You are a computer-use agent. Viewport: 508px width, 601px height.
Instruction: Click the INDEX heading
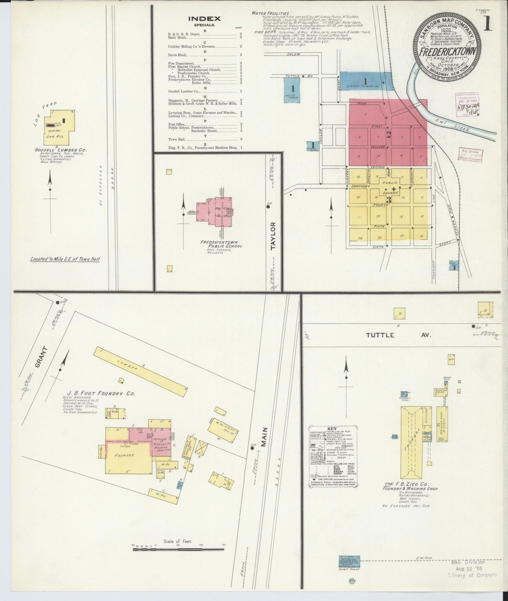pyautogui.click(x=204, y=19)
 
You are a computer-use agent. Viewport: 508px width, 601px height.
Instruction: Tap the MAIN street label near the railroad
pyautogui.click(x=264, y=437)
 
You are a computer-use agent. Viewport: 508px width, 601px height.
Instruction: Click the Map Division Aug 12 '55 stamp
pyautogui.click(x=473, y=568)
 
